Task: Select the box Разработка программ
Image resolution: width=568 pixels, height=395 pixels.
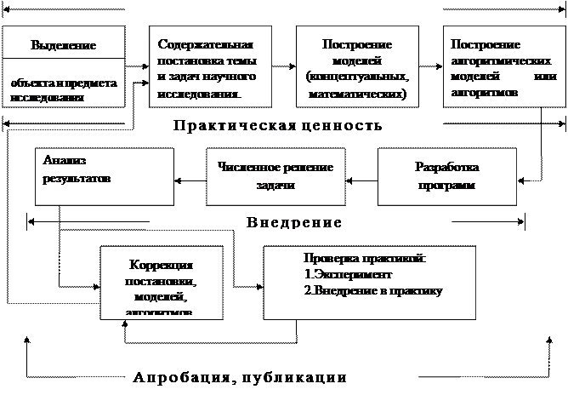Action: (x=446, y=176)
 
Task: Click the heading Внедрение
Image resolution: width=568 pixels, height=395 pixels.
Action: (x=293, y=223)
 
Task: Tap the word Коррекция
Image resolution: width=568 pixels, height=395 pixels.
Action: (x=162, y=265)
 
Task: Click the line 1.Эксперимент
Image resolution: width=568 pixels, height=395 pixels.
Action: (x=348, y=276)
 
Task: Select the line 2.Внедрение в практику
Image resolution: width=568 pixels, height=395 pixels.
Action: (x=374, y=290)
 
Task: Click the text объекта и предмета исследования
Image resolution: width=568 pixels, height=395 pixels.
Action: (x=65, y=90)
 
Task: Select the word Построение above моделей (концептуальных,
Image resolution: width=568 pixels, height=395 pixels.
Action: (x=357, y=44)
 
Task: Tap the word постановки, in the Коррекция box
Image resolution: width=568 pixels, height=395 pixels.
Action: (x=161, y=281)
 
